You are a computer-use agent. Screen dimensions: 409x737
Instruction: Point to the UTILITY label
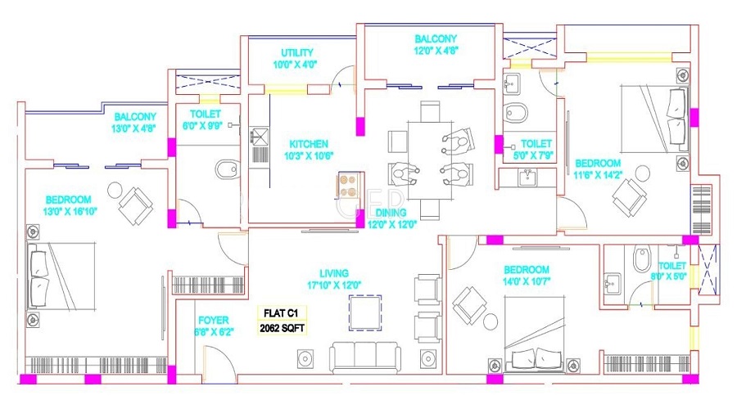click(x=296, y=52)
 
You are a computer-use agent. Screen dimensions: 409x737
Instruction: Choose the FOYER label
click(x=214, y=321)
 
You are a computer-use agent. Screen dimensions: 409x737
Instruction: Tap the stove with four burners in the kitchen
click(x=347, y=186)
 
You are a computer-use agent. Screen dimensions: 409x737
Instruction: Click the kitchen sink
click(x=260, y=137)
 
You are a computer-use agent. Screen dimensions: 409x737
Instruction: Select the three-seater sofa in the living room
click(x=364, y=357)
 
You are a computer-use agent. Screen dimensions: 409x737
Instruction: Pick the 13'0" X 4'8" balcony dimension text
click(x=135, y=128)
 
